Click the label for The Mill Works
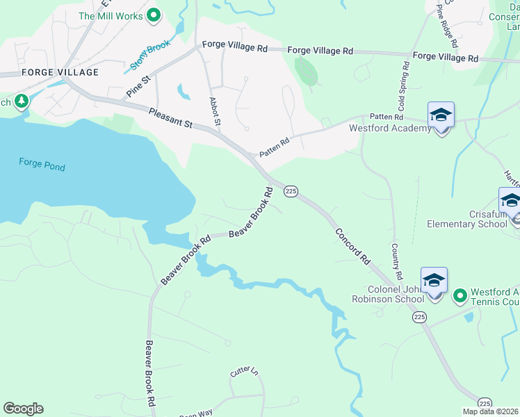(x=111, y=15)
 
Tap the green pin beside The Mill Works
(x=154, y=15)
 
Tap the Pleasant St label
(x=170, y=117)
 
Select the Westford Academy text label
(x=390, y=129)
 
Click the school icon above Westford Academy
(x=441, y=115)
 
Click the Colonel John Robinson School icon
(x=434, y=281)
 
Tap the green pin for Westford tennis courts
(x=460, y=297)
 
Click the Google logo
(x=23, y=409)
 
